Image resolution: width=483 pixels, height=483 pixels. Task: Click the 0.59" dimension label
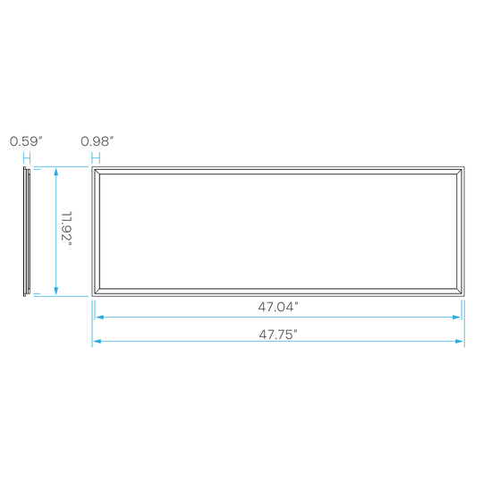click(x=26, y=141)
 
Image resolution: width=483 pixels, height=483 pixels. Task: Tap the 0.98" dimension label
click(x=97, y=141)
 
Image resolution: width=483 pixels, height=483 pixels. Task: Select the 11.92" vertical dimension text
click(x=66, y=229)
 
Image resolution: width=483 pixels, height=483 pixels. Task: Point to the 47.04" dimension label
click(x=278, y=307)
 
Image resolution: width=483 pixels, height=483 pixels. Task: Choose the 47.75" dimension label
click(x=278, y=335)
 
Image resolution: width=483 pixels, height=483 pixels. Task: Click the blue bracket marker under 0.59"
click(x=27, y=159)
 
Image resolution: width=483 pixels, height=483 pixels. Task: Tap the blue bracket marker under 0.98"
click(x=96, y=159)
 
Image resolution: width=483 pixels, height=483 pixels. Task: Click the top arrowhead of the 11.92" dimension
click(x=55, y=172)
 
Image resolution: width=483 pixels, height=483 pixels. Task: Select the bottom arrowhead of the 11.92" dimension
click(x=55, y=291)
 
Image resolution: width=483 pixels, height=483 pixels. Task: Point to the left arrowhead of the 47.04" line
click(x=99, y=317)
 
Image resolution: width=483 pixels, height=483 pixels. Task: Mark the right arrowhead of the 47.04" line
click(x=456, y=317)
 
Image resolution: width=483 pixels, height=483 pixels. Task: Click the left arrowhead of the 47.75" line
click(x=97, y=341)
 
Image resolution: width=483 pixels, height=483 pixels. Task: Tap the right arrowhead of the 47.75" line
click(x=460, y=341)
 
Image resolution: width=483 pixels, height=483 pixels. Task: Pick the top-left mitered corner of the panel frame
click(x=97, y=172)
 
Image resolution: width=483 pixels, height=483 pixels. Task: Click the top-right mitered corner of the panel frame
click(x=459, y=172)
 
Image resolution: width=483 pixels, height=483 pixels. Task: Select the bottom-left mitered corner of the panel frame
click(x=97, y=291)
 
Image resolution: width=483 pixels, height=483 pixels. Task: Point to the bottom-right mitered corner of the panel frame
click(x=459, y=291)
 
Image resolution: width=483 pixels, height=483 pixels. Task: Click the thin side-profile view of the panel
click(x=26, y=232)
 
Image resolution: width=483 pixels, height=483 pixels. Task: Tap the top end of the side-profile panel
click(x=25, y=167)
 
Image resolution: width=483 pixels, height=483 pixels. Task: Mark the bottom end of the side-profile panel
click(x=25, y=296)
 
